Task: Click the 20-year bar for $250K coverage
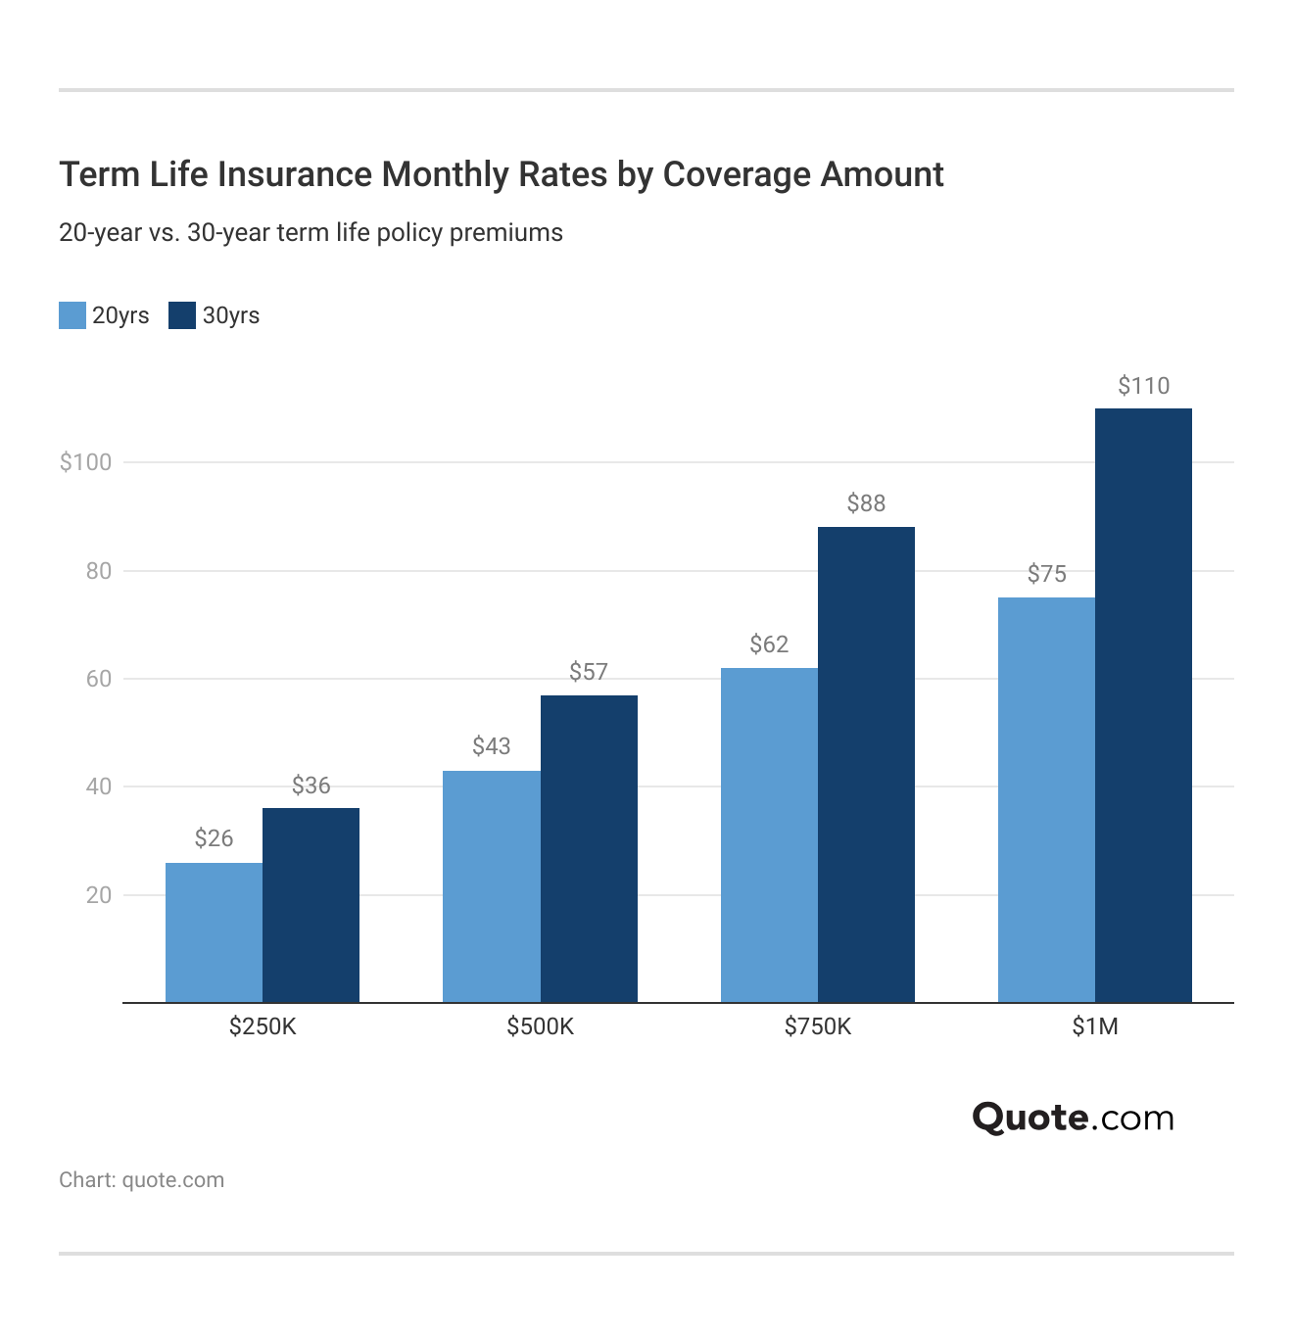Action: point(214,932)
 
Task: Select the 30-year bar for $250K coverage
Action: point(311,905)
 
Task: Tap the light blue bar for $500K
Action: point(491,886)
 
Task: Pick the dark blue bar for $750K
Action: point(866,764)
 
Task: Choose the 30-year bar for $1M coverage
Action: point(1143,705)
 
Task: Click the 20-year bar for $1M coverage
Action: point(1046,799)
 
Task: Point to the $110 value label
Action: point(1143,386)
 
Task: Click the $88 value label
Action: point(866,503)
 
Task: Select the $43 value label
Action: point(491,746)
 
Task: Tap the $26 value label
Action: point(214,838)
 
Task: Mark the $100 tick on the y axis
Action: point(86,462)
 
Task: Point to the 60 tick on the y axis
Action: point(99,679)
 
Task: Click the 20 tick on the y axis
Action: point(99,895)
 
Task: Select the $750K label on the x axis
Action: point(818,1026)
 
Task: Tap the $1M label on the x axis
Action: point(1095,1026)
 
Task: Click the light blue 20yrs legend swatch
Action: point(72,315)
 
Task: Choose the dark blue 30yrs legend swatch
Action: point(182,315)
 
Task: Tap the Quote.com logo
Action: point(1073,1118)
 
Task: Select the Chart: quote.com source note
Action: point(142,1180)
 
